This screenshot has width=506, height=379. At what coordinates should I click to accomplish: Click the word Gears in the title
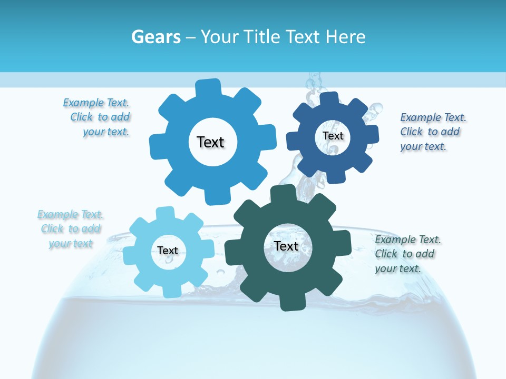[x=155, y=37]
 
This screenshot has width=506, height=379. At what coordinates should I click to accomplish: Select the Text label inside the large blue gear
[x=210, y=142]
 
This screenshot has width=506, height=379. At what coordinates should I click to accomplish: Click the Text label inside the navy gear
[x=333, y=136]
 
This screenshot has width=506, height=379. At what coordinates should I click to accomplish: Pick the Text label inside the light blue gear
[x=168, y=251]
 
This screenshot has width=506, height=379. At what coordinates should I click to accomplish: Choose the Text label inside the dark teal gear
[x=286, y=246]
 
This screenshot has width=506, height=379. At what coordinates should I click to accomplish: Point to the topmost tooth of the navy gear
[x=328, y=100]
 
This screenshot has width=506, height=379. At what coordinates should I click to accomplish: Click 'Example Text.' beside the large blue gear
[x=96, y=103]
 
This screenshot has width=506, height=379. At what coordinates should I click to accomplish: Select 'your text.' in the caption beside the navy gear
[x=423, y=147]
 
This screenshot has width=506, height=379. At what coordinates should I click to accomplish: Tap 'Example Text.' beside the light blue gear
[x=70, y=214]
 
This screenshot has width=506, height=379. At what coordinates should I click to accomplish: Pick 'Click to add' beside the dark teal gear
[x=405, y=254]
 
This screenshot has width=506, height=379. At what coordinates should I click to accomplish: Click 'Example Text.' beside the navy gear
[x=433, y=117]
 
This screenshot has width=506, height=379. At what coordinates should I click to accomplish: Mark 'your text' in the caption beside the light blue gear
[x=71, y=244]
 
